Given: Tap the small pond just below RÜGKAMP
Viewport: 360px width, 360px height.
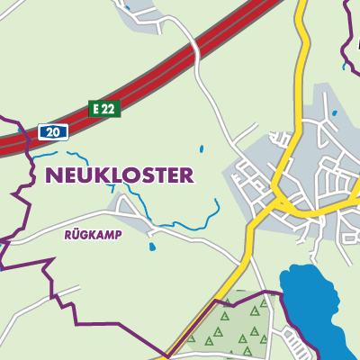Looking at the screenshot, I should coord(152,246).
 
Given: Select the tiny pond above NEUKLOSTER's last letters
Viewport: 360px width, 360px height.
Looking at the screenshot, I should coord(201,148).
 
